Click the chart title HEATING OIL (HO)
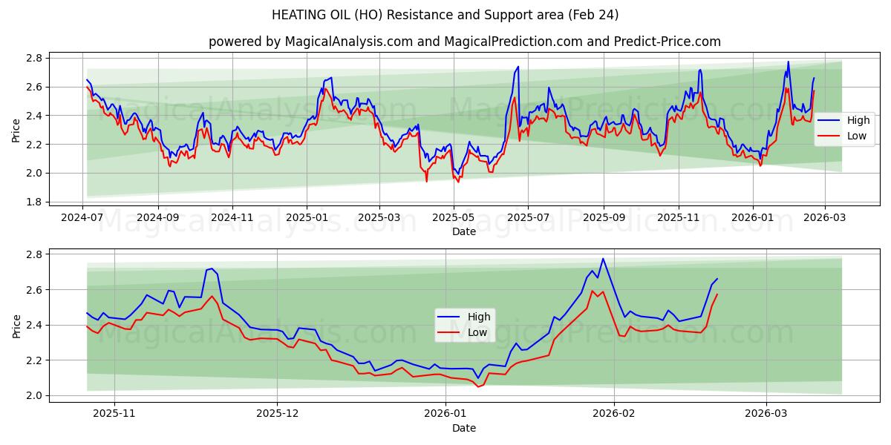pos(445,15)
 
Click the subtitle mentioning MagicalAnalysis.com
pos(464,42)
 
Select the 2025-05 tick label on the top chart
pos(453,219)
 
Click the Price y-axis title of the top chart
pos(16,130)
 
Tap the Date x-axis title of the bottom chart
pos(464,428)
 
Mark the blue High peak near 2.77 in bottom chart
pos(603,259)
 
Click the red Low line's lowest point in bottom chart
pos(478,386)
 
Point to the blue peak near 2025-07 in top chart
pos(518,67)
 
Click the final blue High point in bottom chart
pos(717,279)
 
